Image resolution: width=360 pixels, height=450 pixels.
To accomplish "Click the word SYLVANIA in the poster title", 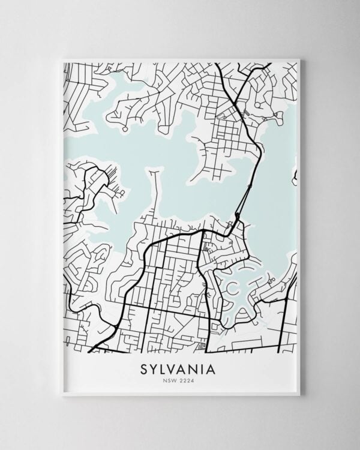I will (x=179, y=366).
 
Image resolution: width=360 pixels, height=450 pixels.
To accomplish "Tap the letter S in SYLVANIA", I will (x=143, y=366).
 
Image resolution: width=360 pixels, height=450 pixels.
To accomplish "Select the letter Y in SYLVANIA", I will (x=154, y=366).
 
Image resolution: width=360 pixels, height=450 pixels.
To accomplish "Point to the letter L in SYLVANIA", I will (x=164, y=366).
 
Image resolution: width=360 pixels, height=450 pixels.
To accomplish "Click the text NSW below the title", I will (x=171, y=379).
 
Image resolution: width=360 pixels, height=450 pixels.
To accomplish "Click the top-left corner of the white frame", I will (x=62, y=59).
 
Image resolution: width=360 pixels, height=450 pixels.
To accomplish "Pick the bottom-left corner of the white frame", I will (x=62, y=395).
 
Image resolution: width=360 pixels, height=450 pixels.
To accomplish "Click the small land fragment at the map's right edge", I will (x=295, y=178).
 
